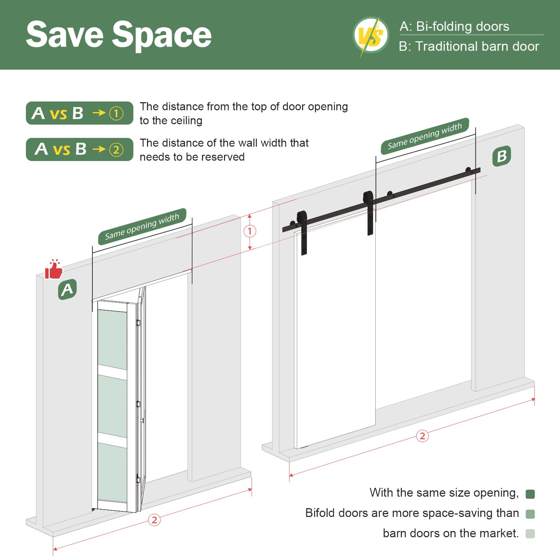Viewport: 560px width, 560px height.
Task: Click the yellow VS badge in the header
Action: pos(371,35)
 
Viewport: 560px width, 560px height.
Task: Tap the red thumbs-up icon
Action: pos(54,269)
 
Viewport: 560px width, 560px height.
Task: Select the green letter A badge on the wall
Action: pos(67,289)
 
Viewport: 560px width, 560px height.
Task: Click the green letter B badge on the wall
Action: pos(502,156)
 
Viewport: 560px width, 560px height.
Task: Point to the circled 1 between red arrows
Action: pos(250,231)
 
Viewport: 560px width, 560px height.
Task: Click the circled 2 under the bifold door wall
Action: pos(154,520)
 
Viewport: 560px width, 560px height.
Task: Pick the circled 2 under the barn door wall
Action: pos(422,436)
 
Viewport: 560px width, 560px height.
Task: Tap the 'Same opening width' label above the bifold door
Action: pos(142,226)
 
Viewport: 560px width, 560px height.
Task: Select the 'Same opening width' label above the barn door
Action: pos(425,136)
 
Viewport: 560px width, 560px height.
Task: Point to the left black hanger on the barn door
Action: pos(302,232)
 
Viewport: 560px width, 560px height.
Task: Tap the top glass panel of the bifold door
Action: pos(112,339)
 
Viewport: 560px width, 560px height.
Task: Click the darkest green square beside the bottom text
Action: pos(530,494)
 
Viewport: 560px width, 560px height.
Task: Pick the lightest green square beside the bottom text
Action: pos(530,534)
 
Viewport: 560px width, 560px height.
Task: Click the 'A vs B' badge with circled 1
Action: pos(79,113)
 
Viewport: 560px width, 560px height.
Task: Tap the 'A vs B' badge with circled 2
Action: pos(79,149)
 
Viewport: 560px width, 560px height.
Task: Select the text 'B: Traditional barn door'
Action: pos(469,46)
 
